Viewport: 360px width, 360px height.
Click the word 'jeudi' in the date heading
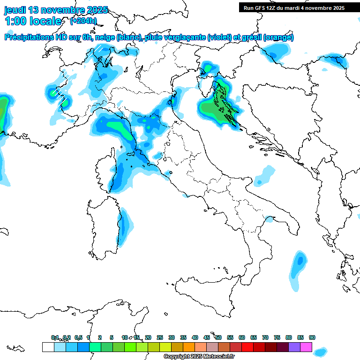coord(16,10)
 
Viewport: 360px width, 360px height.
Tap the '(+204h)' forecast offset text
coord(83,21)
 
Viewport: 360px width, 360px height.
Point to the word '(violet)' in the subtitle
coord(222,37)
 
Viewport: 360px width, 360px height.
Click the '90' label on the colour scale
coord(312,337)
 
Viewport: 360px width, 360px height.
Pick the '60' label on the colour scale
coord(242,337)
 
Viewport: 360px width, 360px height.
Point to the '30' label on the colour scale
coord(172,337)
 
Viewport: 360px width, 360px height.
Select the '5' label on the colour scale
coord(112,337)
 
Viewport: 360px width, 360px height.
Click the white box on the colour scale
coord(48,347)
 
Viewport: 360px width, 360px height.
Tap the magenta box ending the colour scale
coord(306,347)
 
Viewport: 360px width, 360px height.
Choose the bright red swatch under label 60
coord(247,347)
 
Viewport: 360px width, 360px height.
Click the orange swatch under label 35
coord(189,347)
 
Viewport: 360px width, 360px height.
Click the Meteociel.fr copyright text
coord(199,357)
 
